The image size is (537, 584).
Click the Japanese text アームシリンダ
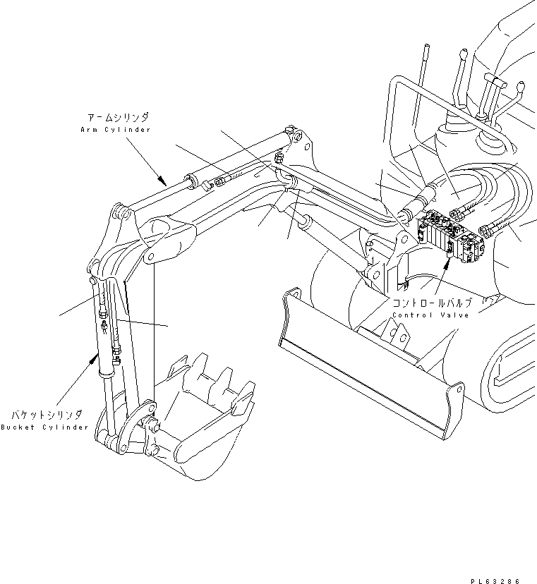pyautogui.click(x=119, y=118)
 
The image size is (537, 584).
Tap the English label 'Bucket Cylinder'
pyautogui.click(x=44, y=427)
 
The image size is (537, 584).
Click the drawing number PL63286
pyautogui.click(x=498, y=580)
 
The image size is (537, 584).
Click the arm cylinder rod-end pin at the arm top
pyautogui.click(x=119, y=210)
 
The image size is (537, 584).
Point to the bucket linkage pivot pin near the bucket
pyautogui.click(x=151, y=423)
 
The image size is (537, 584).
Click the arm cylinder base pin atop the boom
pyautogui.click(x=289, y=130)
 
